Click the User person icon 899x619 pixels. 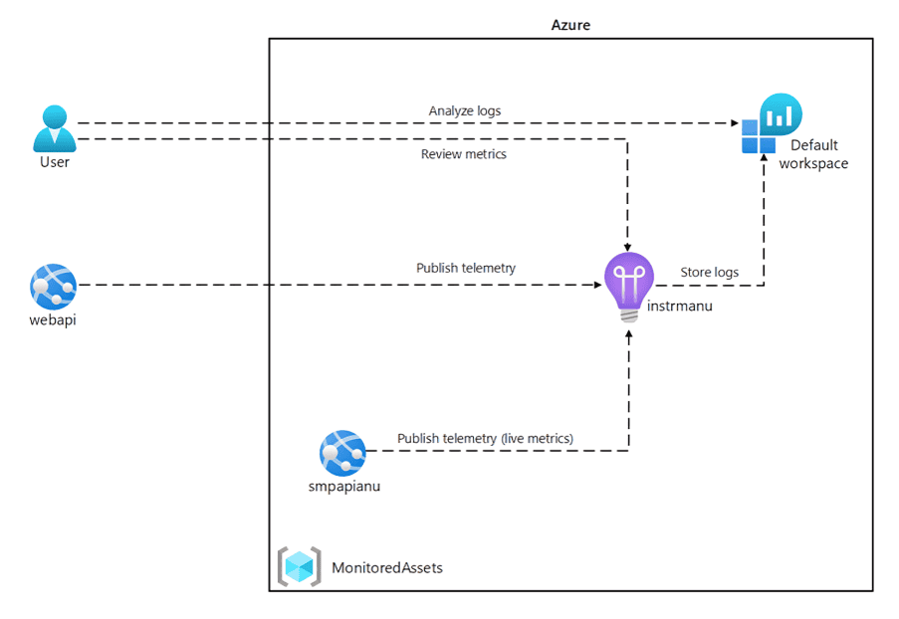click(x=54, y=128)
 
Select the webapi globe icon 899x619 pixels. click(x=54, y=287)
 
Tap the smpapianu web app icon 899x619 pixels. click(x=342, y=454)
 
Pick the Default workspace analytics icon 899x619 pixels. click(x=772, y=122)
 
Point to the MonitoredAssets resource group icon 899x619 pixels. click(x=299, y=566)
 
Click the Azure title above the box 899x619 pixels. click(x=570, y=25)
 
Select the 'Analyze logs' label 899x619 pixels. click(x=466, y=110)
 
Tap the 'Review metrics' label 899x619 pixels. click(x=464, y=154)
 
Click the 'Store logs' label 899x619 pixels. click(x=709, y=272)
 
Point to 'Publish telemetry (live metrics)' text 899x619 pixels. click(x=485, y=438)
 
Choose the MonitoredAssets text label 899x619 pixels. click(x=387, y=567)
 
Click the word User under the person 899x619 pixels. click(x=55, y=161)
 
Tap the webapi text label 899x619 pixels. click(x=53, y=319)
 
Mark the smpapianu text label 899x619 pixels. click(x=342, y=487)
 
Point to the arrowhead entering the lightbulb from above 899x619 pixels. click(x=628, y=245)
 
